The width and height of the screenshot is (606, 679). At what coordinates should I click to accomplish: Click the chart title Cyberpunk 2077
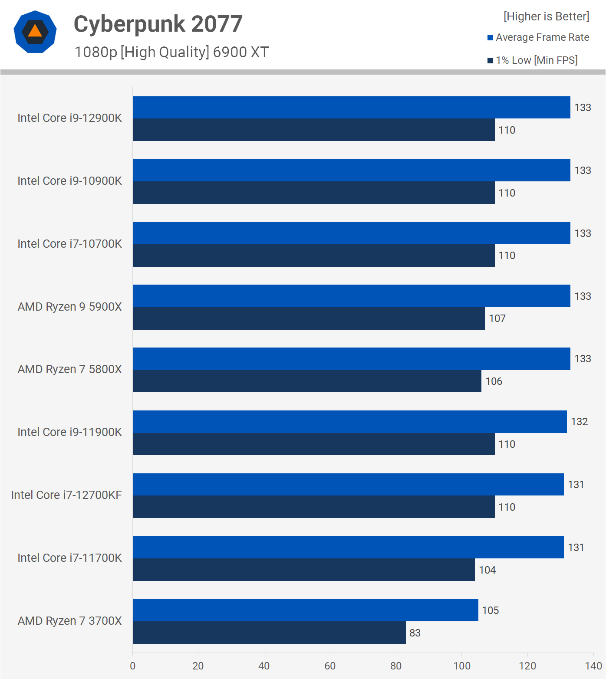tap(158, 24)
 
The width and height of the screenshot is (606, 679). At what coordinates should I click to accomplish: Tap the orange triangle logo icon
tap(35, 31)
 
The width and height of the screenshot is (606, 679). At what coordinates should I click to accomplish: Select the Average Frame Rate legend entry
tap(538, 37)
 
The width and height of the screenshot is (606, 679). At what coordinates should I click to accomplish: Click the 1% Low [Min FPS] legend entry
tap(533, 60)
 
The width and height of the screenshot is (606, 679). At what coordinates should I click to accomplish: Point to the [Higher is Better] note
tap(546, 16)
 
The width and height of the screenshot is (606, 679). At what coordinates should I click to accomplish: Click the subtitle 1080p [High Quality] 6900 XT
tap(171, 52)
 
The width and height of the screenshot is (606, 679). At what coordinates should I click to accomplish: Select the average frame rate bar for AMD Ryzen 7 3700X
tap(305, 610)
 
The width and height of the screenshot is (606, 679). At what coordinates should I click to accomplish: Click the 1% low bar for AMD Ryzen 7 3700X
tap(269, 633)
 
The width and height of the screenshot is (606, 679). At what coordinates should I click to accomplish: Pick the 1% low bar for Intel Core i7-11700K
tap(303, 570)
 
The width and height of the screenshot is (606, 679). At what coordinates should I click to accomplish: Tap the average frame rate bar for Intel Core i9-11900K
tap(349, 422)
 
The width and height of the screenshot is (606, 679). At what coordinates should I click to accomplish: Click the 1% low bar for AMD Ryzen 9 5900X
tap(309, 318)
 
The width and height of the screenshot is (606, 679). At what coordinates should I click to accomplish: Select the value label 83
tap(415, 633)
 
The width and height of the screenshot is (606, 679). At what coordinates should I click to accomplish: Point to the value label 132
tap(579, 422)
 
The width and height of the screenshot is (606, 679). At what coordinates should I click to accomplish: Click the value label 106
tap(494, 381)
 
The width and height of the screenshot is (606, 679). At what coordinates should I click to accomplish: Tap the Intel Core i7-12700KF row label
tap(66, 495)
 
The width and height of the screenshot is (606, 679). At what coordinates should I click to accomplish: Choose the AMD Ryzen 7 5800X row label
tap(70, 369)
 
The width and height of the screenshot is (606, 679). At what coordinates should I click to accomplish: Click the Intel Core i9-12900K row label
tap(70, 118)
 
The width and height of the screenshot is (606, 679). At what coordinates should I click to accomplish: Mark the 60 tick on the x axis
tap(330, 666)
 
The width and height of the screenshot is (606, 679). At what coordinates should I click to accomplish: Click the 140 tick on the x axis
tap(593, 666)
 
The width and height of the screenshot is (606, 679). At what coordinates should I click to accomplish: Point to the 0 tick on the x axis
tap(133, 666)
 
